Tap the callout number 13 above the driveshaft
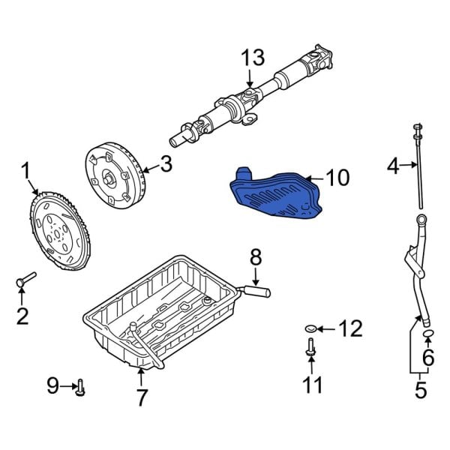[x=253, y=58]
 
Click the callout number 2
[x=22, y=316]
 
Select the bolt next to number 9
[x=80, y=388]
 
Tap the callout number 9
[x=52, y=386]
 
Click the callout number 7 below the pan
[x=142, y=397]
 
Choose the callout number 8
[x=255, y=257]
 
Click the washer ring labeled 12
[x=311, y=328]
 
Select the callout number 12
[x=350, y=328]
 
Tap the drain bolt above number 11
[x=310, y=349]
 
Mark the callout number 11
[x=311, y=385]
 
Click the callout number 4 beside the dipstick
[x=393, y=165]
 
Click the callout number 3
[x=166, y=164]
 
